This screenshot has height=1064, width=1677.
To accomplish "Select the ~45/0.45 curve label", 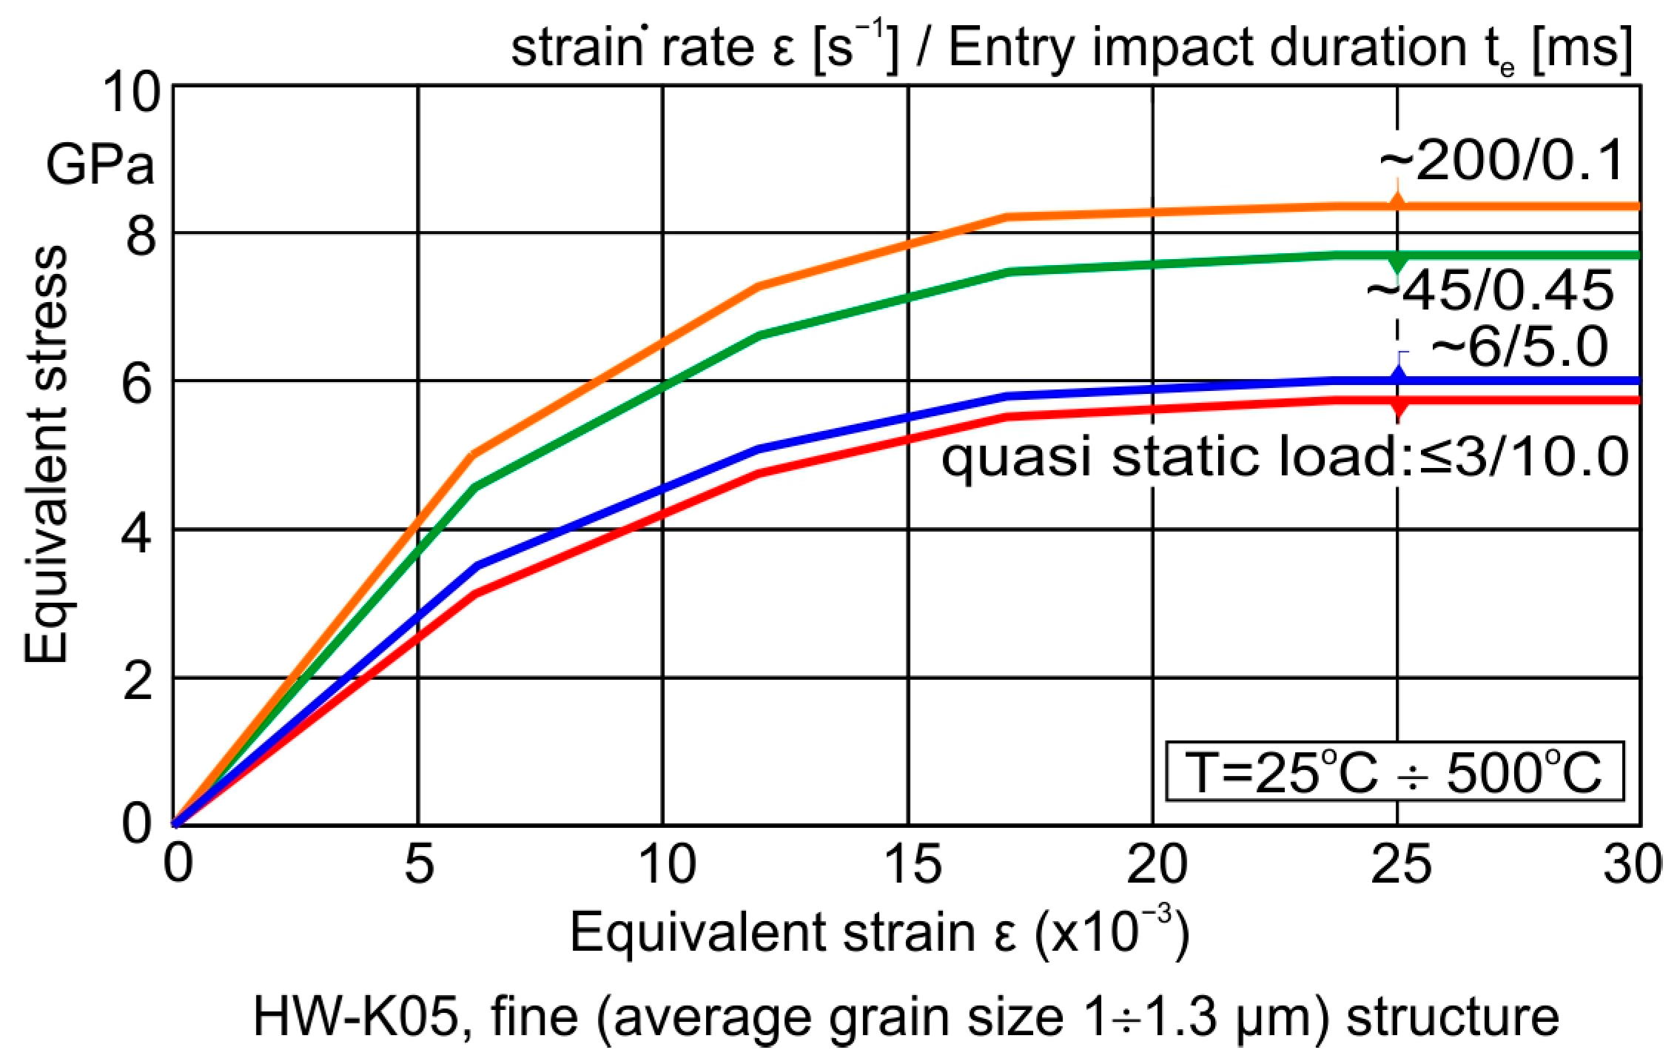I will tap(1489, 291).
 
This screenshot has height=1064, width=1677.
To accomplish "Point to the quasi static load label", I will tap(1284, 457).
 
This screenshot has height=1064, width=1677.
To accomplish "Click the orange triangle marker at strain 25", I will tap(1397, 202).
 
